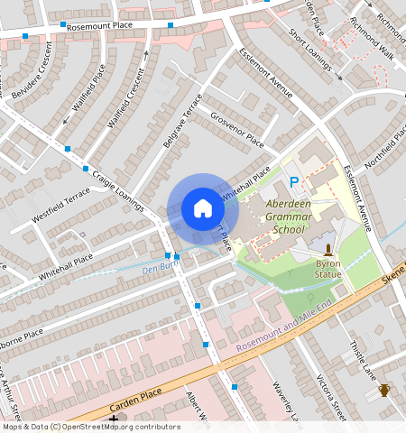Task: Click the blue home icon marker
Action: click(x=203, y=209)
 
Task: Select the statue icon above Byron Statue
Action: click(x=328, y=247)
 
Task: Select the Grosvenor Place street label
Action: click(x=237, y=131)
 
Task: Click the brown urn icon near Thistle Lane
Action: click(x=384, y=390)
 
